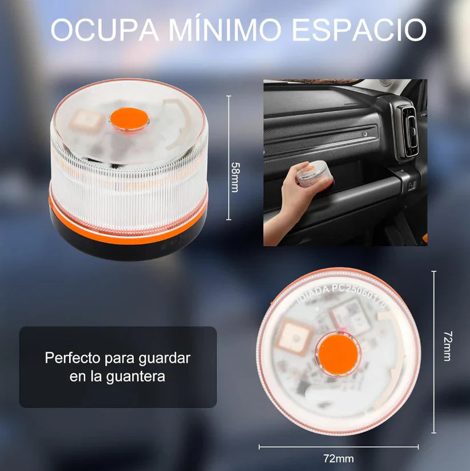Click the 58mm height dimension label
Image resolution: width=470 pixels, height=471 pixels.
[235, 177]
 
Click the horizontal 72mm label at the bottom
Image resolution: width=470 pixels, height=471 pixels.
[338, 458]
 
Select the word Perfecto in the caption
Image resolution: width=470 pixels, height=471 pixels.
[74, 359]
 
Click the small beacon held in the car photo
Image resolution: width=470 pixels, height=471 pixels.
[312, 176]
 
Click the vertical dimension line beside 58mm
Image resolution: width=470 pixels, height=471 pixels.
[228, 157]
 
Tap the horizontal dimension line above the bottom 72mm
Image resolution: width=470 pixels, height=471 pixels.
[338, 447]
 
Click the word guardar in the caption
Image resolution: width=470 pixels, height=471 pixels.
[164, 359]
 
